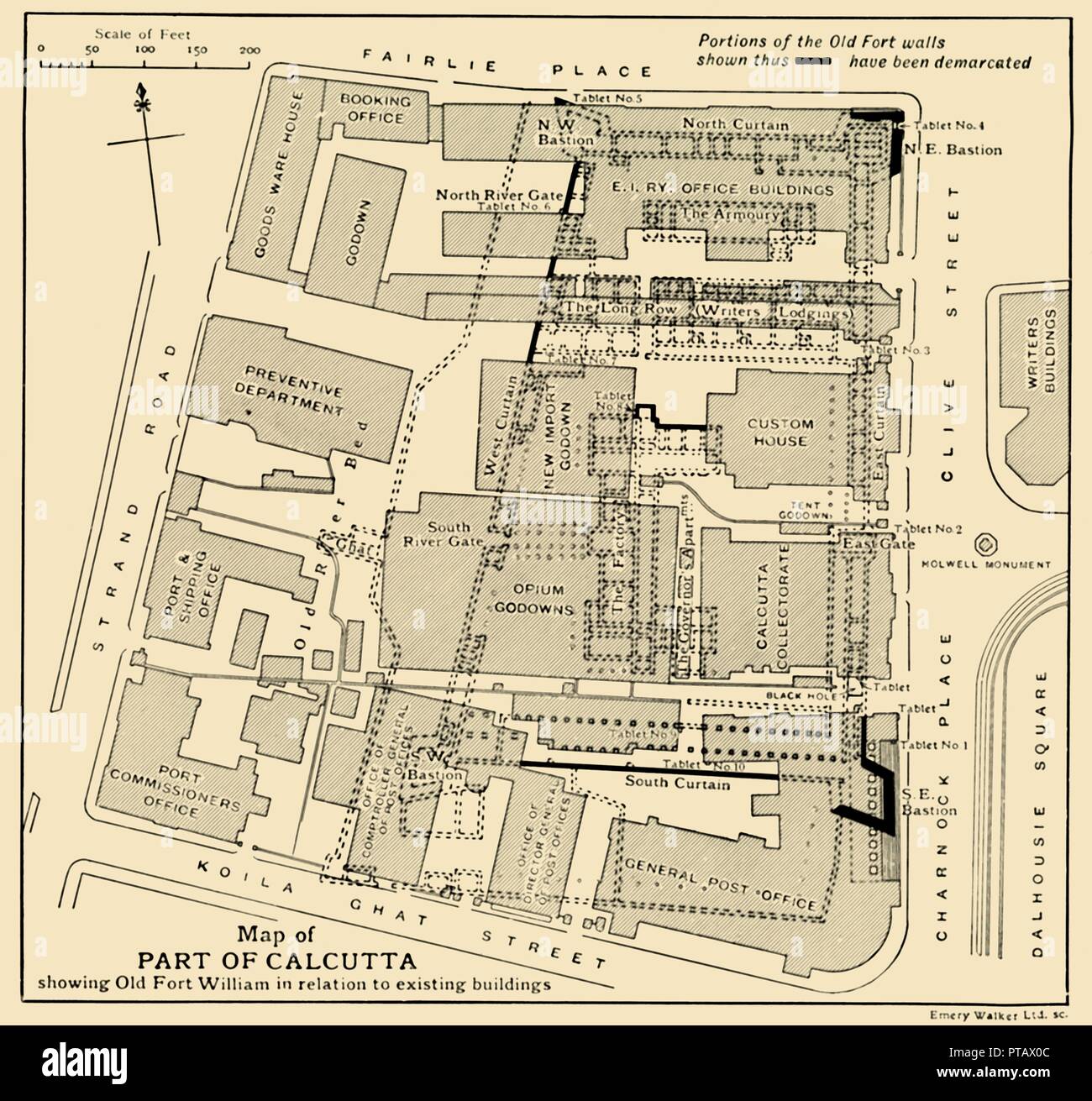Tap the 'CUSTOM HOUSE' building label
click(780, 433)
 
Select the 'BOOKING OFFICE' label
click(375, 109)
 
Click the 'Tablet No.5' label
click(607, 99)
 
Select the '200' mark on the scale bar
click(249, 50)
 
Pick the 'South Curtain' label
click(677, 784)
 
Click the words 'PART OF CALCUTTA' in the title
click(281, 958)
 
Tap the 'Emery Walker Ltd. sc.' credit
click(998, 1014)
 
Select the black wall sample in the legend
click(814, 61)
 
